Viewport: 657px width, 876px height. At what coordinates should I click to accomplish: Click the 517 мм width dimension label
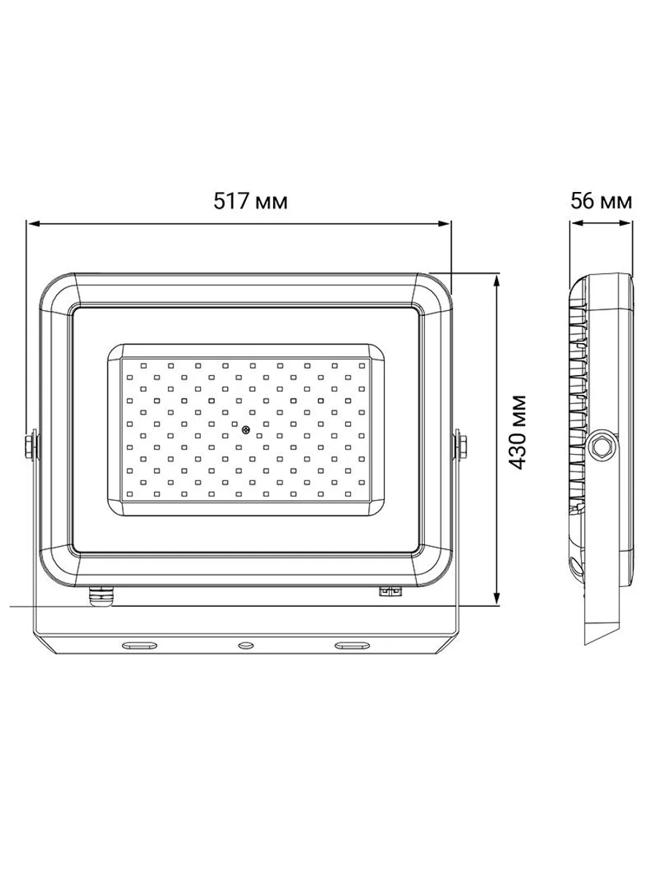[x=250, y=201]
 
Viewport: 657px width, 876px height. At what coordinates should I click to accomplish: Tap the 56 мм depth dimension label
[x=601, y=201]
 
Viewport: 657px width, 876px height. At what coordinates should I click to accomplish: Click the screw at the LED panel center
[x=246, y=430]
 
